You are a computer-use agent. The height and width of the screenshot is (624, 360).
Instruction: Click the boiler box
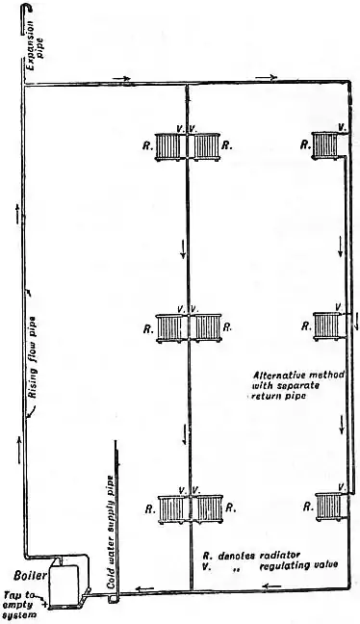click(63, 581)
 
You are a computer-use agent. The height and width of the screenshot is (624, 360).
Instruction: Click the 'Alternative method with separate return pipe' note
click(289, 384)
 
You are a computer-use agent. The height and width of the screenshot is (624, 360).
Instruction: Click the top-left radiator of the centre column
click(170, 146)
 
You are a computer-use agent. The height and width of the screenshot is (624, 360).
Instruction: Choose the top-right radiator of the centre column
click(205, 146)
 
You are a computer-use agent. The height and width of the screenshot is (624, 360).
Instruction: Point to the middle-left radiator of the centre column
click(170, 326)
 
